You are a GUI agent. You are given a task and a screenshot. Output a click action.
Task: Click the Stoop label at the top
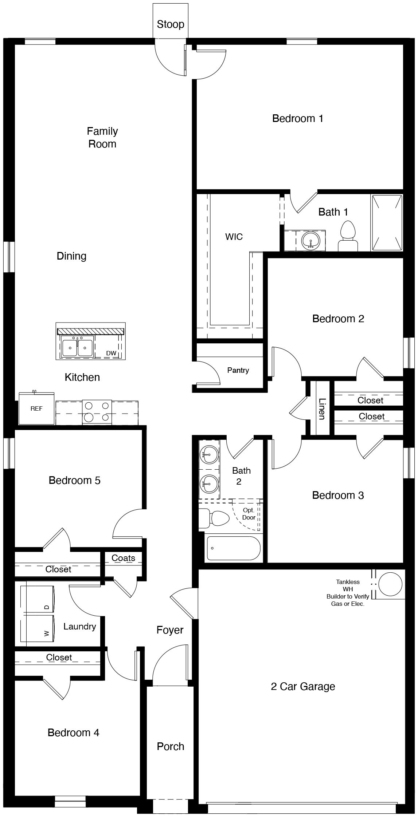[170, 24]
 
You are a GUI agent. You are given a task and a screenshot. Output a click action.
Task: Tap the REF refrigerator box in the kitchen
[36, 408]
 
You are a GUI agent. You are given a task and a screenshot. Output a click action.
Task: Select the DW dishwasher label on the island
[111, 353]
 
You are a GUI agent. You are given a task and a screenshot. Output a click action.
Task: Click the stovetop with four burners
[97, 412]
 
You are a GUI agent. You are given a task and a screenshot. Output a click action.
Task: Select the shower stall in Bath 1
[387, 222]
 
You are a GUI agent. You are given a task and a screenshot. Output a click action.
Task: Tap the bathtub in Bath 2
[234, 548]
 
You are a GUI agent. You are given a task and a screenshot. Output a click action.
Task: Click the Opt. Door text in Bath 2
[249, 514]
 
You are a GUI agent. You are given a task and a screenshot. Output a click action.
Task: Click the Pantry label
[238, 370]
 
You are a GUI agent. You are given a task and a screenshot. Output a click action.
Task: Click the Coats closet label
[123, 558]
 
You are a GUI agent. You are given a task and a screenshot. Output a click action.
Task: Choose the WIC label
[234, 237]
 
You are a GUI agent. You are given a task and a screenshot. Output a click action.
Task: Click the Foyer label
[170, 629]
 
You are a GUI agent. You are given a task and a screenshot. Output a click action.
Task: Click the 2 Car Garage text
[303, 686]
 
